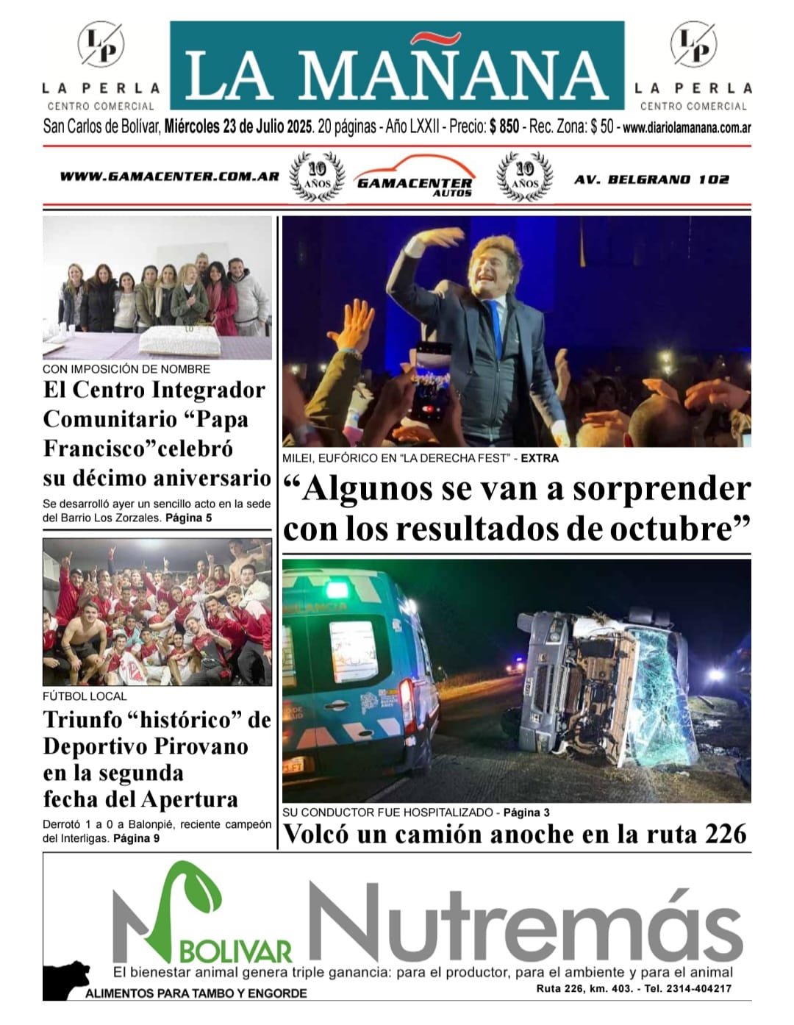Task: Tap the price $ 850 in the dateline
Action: pos(504,126)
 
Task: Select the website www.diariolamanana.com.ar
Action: pos(687,127)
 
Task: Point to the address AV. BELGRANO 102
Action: pos(651,179)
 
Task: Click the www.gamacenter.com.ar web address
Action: pos(169,176)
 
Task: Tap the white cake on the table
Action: pos(176,339)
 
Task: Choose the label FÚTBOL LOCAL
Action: pos(85,696)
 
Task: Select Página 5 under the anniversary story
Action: pos(188,518)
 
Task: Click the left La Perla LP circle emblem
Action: pos(101,44)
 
